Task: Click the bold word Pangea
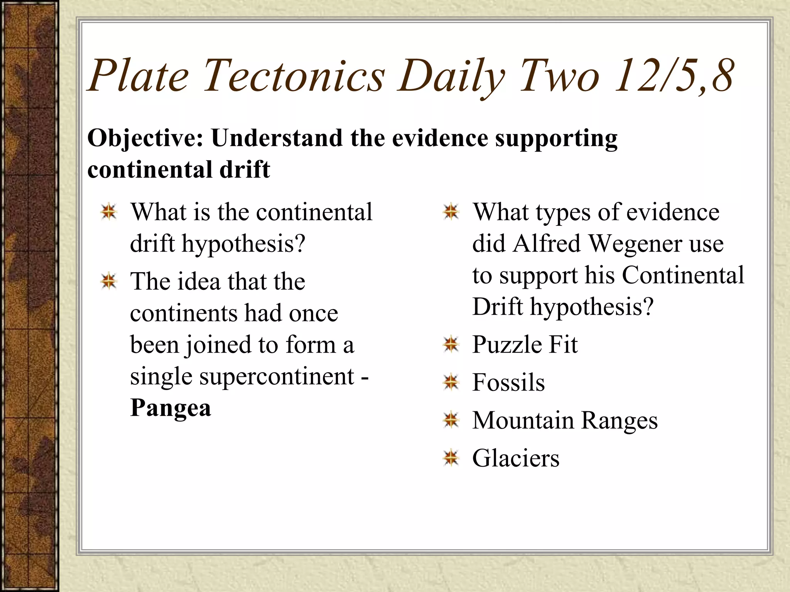(x=170, y=408)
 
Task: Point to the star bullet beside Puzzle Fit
(x=451, y=344)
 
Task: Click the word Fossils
(x=508, y=382)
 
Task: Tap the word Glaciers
(x=516, y=458)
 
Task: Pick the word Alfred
(x=547, y=244)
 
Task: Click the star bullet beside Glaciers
(x=451, y=458)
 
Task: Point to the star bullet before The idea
(x=109, y=281)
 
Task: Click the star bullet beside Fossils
(x=451, y=382)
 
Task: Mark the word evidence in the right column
(x=673, y=212)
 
